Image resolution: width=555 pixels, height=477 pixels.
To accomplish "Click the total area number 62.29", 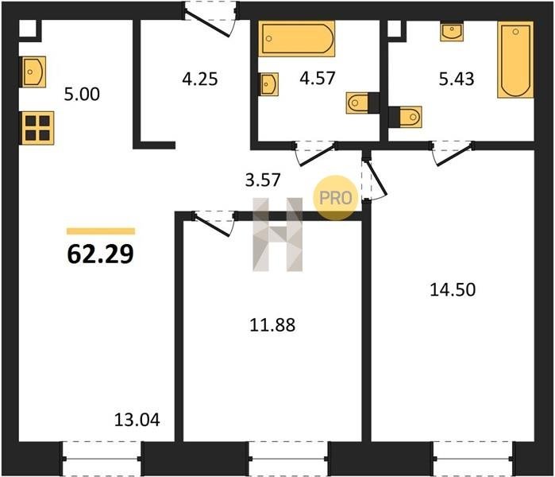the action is click(x=101, y=254).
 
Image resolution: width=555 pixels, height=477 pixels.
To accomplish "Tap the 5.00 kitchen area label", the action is click(x=82, y=95).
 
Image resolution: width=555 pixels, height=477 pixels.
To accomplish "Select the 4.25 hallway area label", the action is click(x=200, y=79).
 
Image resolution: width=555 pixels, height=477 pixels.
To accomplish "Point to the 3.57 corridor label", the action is click(x=263, y=180).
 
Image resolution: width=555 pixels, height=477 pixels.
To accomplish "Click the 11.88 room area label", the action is click(x=272, y=325).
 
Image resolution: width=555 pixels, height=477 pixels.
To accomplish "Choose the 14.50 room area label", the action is click(x=453, y=289).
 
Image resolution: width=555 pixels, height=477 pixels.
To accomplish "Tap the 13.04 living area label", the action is click(x=137, y=420).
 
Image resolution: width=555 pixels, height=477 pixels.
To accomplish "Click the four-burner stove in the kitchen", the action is click(x=37, y=128).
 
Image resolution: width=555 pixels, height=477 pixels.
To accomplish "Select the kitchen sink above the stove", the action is click(x=34, y=72).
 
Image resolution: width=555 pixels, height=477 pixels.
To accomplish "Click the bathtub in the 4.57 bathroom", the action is click(x=297, y=39).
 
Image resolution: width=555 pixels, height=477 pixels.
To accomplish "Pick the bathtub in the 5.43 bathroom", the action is click(x=515, y=60).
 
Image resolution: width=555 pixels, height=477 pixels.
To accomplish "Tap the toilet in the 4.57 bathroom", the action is click(x=363, y=103).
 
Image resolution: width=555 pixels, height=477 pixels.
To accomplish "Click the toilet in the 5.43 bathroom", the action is click(x=405, y=117).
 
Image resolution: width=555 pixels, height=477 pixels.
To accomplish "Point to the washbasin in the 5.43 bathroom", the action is click(x=452, y=32).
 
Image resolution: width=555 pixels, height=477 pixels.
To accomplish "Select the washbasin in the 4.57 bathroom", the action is click(x=268, y=84).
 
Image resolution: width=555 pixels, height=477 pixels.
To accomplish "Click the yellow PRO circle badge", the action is click(x=336, y=198).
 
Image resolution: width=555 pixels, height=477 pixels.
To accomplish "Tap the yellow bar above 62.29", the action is click(x=101, y=231).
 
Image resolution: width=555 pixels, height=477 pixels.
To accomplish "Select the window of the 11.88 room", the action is click(x=288, y=459).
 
